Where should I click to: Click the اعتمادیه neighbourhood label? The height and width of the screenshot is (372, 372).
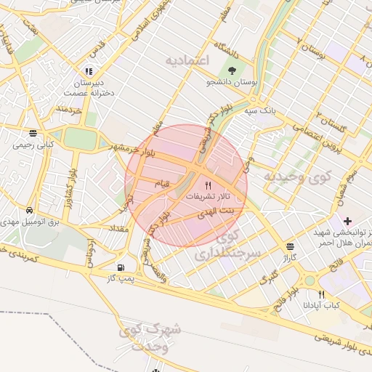187,58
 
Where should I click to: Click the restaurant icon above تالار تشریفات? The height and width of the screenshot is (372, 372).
209,185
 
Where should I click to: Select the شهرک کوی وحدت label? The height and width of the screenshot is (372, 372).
146,339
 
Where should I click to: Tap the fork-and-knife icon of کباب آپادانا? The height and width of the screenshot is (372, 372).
322,294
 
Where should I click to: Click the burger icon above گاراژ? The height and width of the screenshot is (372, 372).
291,246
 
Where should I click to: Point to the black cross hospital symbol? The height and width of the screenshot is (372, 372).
347,220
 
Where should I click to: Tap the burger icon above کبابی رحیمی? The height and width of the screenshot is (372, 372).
33,133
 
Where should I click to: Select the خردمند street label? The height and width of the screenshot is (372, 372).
66,110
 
